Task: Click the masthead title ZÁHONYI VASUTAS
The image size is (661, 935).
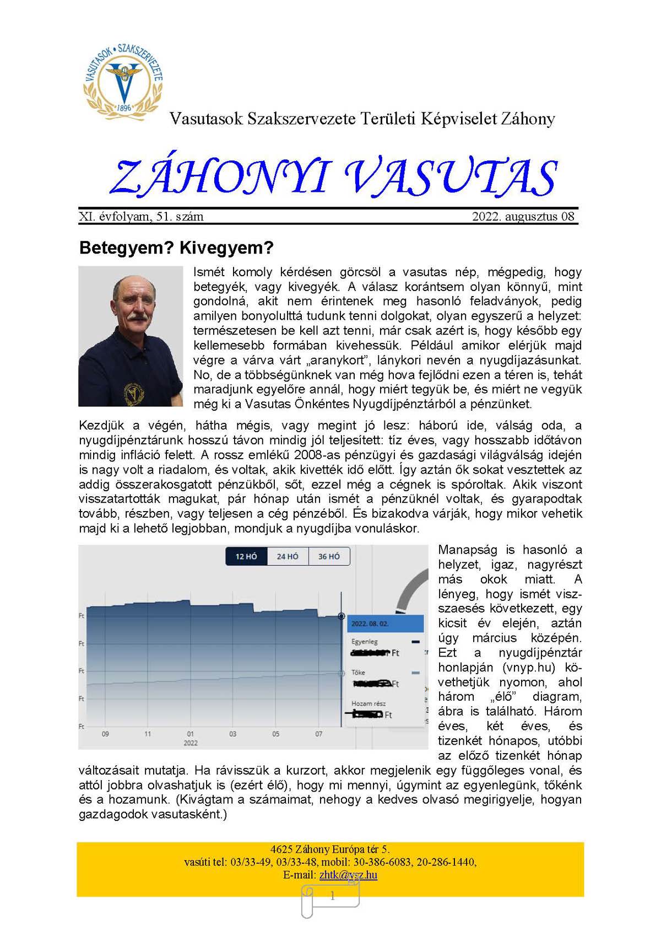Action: pos(333,178)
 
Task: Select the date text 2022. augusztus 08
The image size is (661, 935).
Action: pos(523,217)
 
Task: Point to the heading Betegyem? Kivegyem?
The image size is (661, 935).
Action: pos(176,248)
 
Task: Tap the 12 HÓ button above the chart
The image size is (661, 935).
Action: pos(246,556)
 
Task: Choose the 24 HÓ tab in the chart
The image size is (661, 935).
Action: pos(288,556)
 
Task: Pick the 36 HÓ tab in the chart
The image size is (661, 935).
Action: pos(329,556)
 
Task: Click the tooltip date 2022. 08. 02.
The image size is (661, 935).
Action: pos(370,624)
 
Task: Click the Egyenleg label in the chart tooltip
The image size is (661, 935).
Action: pos(365,642)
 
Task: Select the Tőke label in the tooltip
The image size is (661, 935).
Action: pos(358,673)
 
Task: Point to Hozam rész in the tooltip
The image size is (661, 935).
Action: pos(369,703)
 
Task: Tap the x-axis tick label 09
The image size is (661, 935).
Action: pos(105,734)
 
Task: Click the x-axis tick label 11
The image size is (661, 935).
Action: pos(148,734)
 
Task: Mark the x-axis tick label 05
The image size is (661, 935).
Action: pos(275,734)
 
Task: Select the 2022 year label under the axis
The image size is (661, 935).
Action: pos(190,743)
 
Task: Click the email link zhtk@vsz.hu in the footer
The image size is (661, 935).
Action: pos(348,875)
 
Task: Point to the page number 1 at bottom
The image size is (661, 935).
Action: pos(332,896)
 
